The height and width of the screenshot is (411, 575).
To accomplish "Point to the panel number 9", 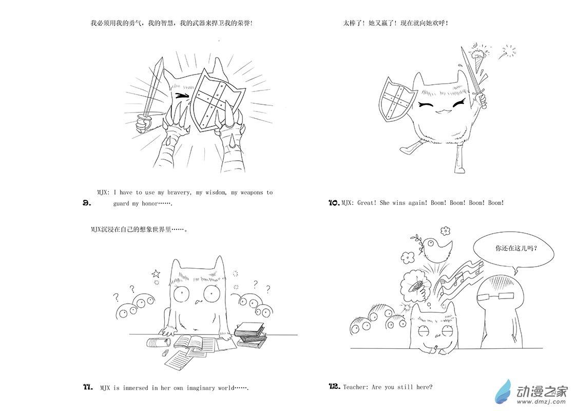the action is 87,202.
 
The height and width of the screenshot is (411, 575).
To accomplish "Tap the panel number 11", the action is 88,387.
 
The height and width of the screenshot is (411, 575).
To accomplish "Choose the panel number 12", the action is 334,386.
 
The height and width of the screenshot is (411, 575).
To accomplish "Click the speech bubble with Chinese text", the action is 513,253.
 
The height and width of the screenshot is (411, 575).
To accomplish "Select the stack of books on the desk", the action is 251,335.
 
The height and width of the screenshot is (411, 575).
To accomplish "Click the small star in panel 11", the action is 156,273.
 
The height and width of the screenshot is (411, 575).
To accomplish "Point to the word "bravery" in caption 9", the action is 179,192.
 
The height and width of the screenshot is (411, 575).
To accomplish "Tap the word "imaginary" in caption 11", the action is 201,388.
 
